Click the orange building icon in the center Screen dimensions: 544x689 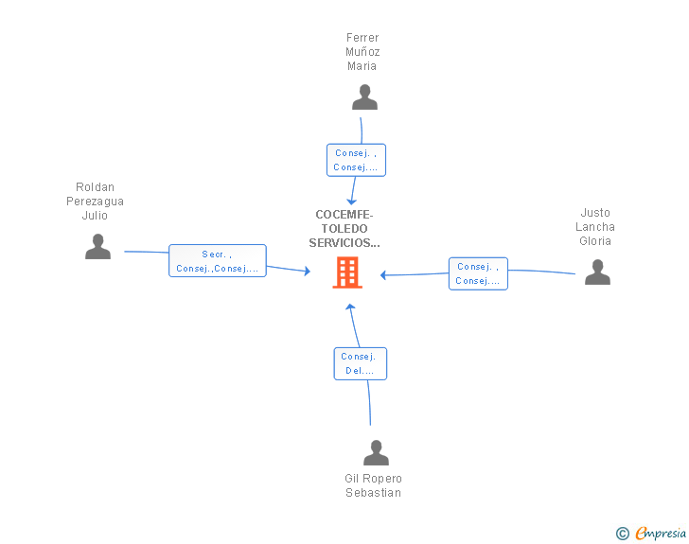pyautogui.click(x=347, y=273)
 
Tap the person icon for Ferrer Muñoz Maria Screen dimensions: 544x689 pyautogui.click(x=364, y=97)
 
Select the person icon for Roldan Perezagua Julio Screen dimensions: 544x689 pyautogui.click(x=97, y=247)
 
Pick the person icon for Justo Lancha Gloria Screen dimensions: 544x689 pyautogui.click(x=597, y=272)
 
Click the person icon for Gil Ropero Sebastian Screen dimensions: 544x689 pyautogui.click(x=377, y=453)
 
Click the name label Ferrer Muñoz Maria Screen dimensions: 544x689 pyautogui.click(x=362, y=52)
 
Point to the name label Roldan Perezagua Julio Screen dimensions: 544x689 pyautogui.click(x=95, y=202)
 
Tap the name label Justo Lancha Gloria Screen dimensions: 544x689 pyautogui.click(x=596, y=227)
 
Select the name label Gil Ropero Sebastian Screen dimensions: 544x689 pyautogui.click(x=374, y=485)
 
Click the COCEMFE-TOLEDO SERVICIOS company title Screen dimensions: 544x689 pyautogui.click(x=344, y=229)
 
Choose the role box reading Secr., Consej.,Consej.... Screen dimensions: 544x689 pyautogui.click(x=218, y=261)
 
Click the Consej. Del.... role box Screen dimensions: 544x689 pyautogui.click(x=360, y=363)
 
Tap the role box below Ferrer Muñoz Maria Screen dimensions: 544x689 pyautogui.click(x=356, y=160)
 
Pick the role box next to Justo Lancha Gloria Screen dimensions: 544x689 pyautogui.click(x=478, y=273)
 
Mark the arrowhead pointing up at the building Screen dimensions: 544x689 pyautogui.click(x=349, y=308)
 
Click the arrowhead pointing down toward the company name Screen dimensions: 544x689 pyautogui.click(x=352, y=201)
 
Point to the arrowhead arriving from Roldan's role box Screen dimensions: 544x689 pyautogui.click(x=306, y=272)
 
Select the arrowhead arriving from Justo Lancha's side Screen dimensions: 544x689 pyautogui.click(x=384, y=275)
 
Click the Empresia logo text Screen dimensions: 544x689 pyautogui.click(x=661, y=533)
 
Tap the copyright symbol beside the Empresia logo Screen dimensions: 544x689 pyautogui.click(x=623, y=534)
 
